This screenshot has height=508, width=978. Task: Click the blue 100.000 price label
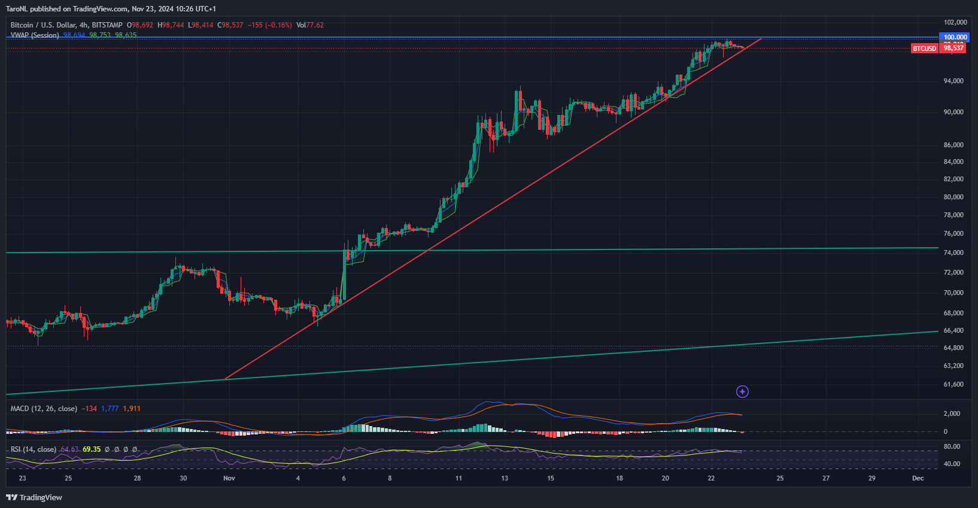(955, 37)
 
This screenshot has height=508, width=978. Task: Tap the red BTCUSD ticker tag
(924, 48)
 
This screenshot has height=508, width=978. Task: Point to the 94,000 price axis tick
(953, 81)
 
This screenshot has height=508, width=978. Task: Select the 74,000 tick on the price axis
(953, 253)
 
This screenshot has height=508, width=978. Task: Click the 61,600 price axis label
(953, 384)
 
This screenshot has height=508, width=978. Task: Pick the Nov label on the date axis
(229, 478)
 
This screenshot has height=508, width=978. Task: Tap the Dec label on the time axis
(918, 478)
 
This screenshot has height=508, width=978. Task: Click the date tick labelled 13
(505, 478)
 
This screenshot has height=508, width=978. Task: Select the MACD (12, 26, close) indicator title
(44, 409)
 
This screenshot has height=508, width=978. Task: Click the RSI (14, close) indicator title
(34, 449)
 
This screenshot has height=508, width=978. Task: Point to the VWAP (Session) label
(35, 35)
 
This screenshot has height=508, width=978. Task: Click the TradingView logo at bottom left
(34, 497)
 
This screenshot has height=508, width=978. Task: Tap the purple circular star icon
(742, 392)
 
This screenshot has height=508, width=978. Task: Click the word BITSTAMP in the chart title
(107, 25)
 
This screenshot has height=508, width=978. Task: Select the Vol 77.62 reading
(311, 25)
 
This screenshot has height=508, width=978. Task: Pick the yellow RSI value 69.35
(92, 449)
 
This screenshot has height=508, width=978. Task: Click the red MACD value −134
(89, 409)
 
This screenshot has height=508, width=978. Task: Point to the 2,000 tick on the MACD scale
(952, 413)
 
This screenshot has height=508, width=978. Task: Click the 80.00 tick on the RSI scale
(952, 446)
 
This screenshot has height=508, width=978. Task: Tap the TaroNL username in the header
(17, 9)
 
